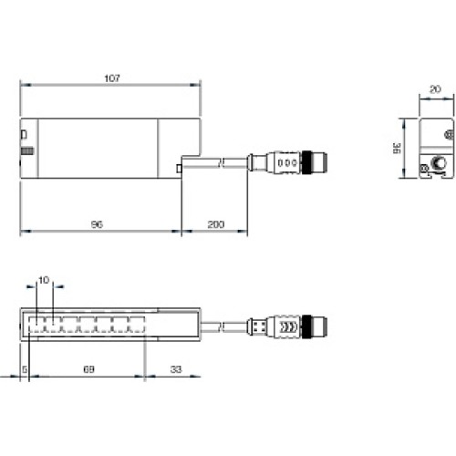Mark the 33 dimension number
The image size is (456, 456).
[x=174, y=369]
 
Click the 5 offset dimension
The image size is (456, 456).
[x=24, y=369]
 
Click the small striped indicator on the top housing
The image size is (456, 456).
[x=28, y=150]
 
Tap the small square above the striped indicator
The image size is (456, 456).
[x=25, y=134]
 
